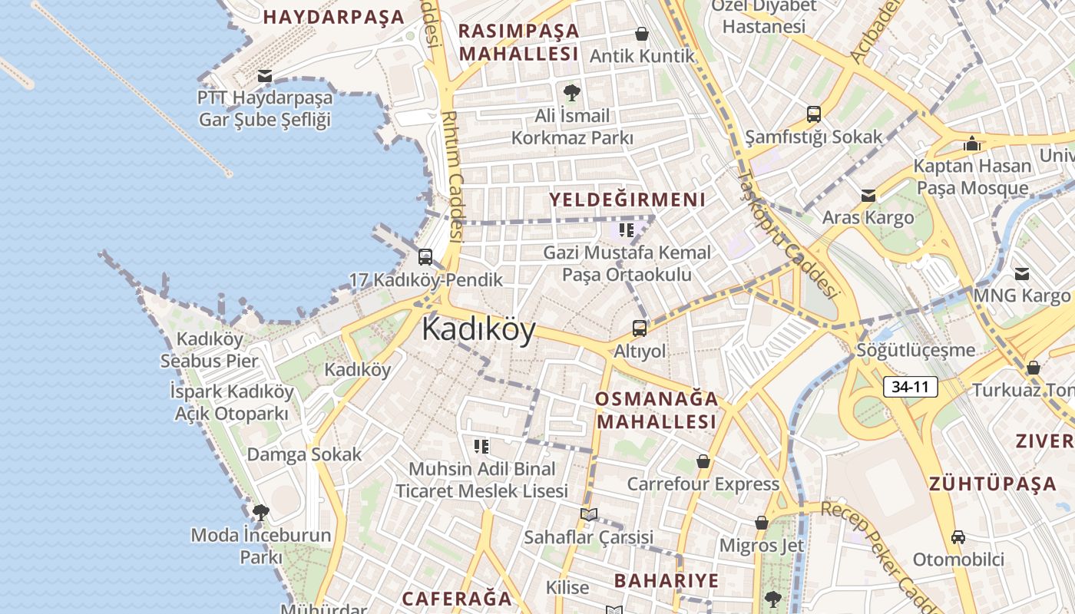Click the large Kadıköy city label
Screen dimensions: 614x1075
click(478, 329)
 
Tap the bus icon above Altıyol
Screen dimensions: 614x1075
click(639, 328)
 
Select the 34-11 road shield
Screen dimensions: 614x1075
click(911, 387)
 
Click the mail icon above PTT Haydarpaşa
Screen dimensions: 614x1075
click(265, 76)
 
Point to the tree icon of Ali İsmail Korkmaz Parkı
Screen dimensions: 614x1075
click(571, 94)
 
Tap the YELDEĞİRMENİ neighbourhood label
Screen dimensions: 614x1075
click(627, 200)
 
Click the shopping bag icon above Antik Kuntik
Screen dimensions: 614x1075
click(641, 34)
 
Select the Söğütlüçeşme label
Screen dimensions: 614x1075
click(916, 350)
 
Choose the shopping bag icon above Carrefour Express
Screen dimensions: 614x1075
click(703, 461)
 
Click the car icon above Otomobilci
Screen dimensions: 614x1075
click(958, 536)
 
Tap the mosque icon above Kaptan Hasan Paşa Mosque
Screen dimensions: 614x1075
click(971, 144)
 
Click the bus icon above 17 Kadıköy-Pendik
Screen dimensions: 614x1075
click(425, 257)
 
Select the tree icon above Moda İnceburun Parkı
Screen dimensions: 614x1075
click(261, 512)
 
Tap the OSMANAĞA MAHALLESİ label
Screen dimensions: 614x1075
click(657, 410)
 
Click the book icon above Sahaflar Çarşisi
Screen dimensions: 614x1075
click(588, 514)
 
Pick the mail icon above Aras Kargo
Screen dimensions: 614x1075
click(868, 195)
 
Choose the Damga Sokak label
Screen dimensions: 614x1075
click(303, 454)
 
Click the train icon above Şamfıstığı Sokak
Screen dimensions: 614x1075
click(813, 114)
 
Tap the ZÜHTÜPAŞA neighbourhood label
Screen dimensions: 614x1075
click(993, 484)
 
